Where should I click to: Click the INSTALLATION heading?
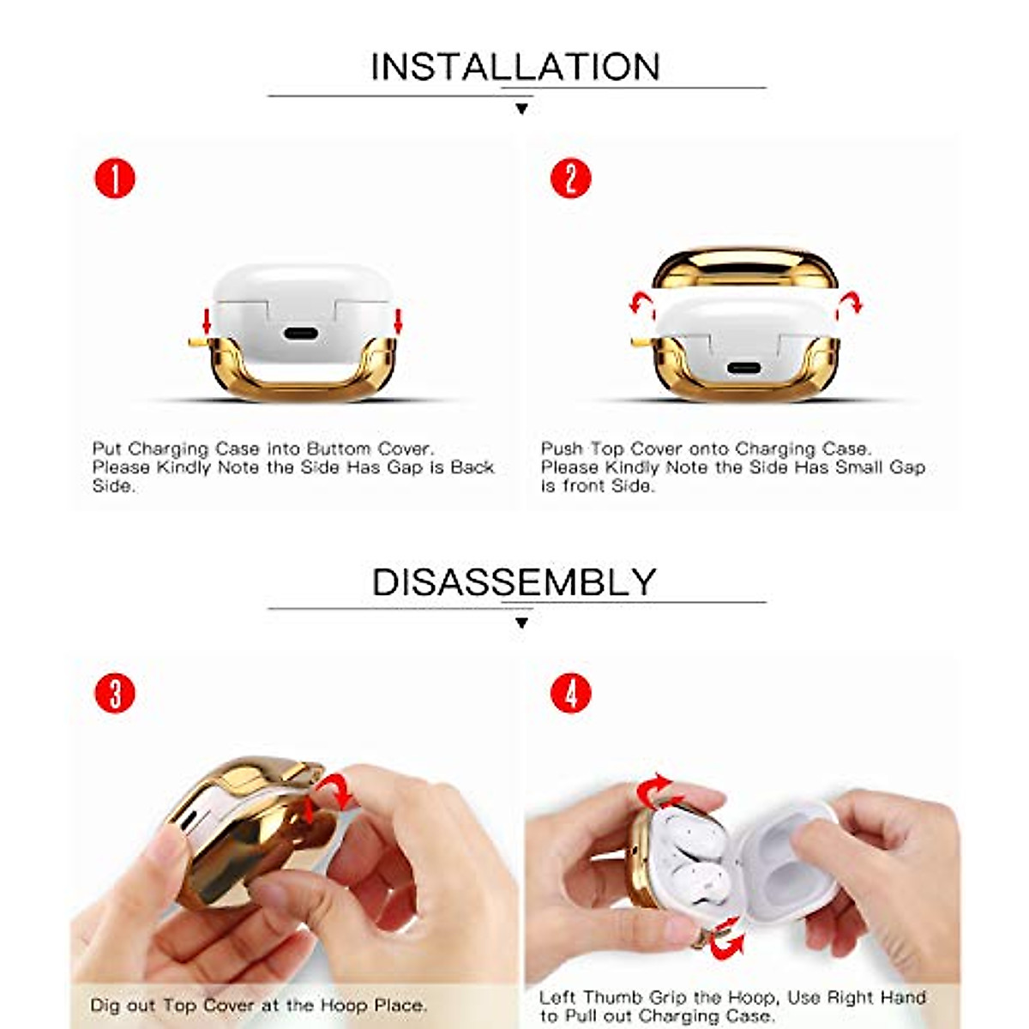pos(514,67)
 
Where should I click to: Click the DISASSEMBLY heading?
pos(514,582)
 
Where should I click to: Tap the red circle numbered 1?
pos(115,179)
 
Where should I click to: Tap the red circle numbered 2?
pos(570,179)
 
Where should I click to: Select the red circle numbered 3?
pos(115,694)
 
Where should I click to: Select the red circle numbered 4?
pos(570,694)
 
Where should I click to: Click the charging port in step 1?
pos(300,334)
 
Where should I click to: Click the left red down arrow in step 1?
pos(206,322)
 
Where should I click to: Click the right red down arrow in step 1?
pos(397,322)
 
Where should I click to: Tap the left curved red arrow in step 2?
pos(640,304)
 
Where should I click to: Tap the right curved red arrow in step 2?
pos(850,303)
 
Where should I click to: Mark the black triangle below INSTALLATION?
pos(521,109)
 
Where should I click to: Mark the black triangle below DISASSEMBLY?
pos(521,623)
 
